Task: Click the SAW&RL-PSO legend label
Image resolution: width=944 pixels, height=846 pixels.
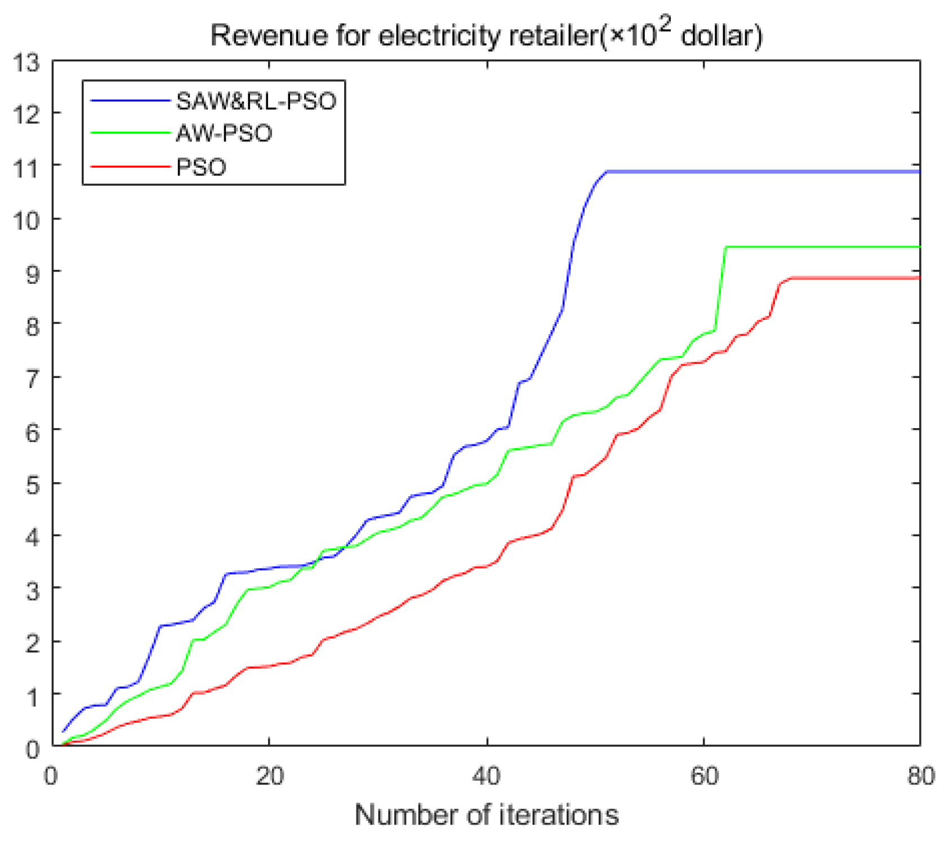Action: click(x=256, y=101)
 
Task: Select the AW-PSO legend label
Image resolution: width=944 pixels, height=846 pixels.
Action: click(x=224, y=134)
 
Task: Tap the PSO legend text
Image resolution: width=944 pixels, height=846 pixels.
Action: click(x=201, y=167)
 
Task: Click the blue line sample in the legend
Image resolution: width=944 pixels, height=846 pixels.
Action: click(x=130, y=101)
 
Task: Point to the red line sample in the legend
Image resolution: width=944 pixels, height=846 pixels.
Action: click(x=130, y=167)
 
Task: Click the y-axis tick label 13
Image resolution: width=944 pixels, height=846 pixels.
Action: click(x=26, y=63)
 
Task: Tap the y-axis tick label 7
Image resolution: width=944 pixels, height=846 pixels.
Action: click(x=33, y=378)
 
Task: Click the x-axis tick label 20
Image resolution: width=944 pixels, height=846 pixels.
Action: click(x=269, y=777)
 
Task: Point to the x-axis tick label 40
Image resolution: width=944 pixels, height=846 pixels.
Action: click(x=487, y=777)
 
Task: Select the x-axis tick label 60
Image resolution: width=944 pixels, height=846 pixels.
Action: click(x=704, y=777)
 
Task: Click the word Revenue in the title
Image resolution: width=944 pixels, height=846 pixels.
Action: click(x=269, y=36)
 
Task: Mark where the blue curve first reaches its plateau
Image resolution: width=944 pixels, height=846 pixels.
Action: click(x=606, y=171)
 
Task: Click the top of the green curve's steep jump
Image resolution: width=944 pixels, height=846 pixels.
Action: click(x=726, y=247)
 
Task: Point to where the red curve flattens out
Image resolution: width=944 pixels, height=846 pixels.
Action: click(x=791, y=278)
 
